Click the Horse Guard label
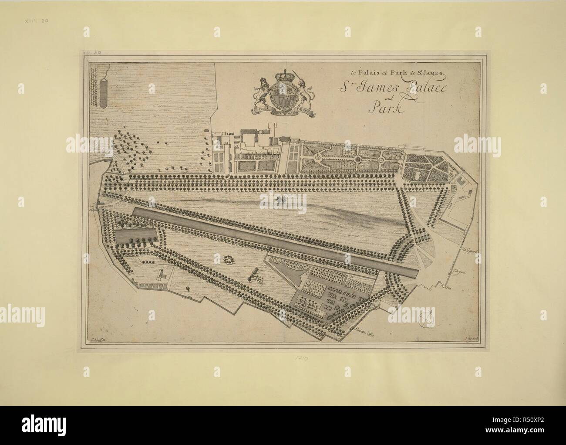click(471, 252)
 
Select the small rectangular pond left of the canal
click(135, 237)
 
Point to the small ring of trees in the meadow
click(228, 260)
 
